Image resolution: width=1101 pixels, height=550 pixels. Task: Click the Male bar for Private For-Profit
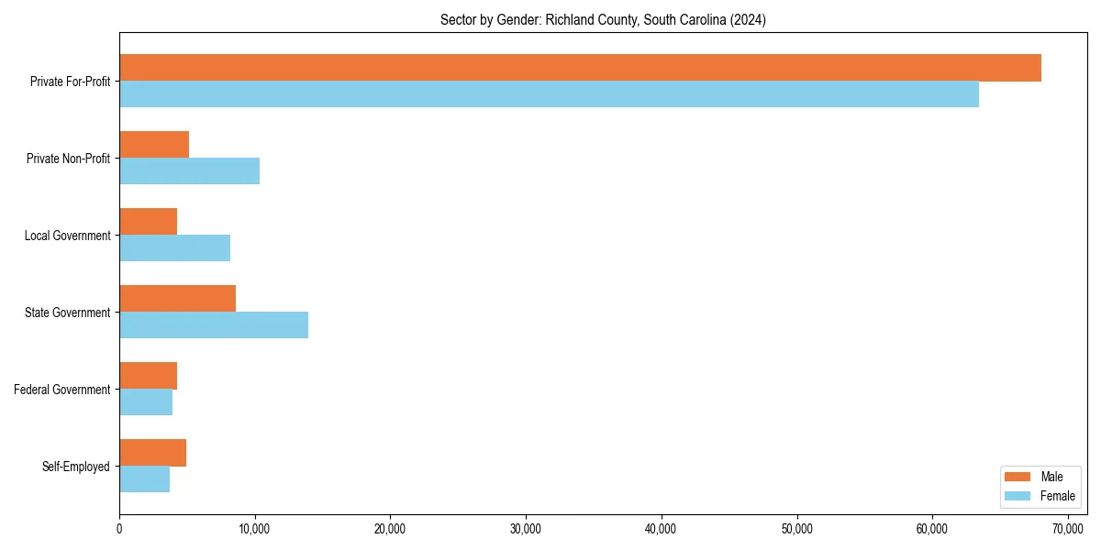coord(580,68)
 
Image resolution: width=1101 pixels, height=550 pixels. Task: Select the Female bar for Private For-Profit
coord(549,94)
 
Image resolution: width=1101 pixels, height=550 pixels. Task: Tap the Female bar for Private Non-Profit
coord(189,171)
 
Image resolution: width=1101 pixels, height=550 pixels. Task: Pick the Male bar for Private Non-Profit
coord(154,145)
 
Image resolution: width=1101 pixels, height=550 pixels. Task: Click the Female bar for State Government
coord(214,325)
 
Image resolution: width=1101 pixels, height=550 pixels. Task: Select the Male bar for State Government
coord(177,299)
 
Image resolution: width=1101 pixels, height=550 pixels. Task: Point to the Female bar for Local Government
coord(174,248)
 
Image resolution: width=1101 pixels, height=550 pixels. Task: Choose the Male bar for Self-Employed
coord(152,453)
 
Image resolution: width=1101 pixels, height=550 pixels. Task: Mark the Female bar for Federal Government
coord(146,402)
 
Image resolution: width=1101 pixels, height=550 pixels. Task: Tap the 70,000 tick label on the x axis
coord(1068,529)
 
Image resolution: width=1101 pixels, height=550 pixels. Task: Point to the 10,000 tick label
coord(255,529)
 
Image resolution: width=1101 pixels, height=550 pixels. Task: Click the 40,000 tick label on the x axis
coord(662,529)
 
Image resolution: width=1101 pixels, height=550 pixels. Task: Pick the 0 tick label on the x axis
coord(119,529)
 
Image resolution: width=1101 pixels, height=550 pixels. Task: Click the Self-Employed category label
coord(76,467)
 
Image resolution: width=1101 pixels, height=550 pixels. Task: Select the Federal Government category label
coord(62,390)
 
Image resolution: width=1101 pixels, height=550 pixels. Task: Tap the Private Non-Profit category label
coord(68,159)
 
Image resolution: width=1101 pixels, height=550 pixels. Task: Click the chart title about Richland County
coord(603,19)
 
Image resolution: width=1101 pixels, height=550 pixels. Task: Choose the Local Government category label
coord(67,236)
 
